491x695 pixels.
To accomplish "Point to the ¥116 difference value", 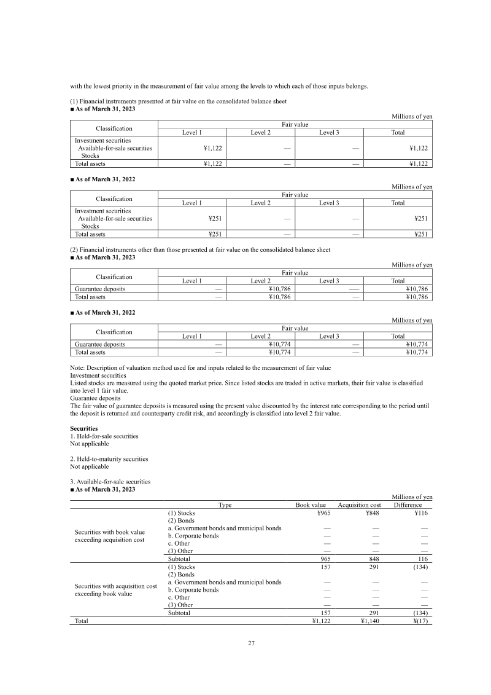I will pyautogui.click(x=420, y=512).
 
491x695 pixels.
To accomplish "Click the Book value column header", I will pyautogui.click(x=311, y=505).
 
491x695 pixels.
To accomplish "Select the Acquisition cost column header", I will pyautogui.click(x=360, y=505).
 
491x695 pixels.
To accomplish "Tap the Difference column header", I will pyautogui.click(x=408, y=505).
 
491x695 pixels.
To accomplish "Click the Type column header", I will pyautogui.click(x=225, y=505).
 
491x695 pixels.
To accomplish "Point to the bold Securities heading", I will pyautogui.click(x=83, y=428).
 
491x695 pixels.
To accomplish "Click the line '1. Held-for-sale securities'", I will pyautogui.click(x=104, y=436).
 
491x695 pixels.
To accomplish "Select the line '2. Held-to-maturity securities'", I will pyautogui.click(x=109, y=459).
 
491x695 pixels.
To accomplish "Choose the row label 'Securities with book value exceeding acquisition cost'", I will pyautogui.click(x=110, y=535).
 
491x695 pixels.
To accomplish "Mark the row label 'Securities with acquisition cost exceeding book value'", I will pyautogui.click(x=115, y=590).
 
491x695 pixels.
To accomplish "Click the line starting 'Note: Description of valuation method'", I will pyautogui.click(x=201, y=367).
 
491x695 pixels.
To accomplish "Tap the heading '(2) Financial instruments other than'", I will pyautogui.click(x=200, y=250).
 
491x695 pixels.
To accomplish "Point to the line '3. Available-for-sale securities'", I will pyautogui.click(x=110, y=482).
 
